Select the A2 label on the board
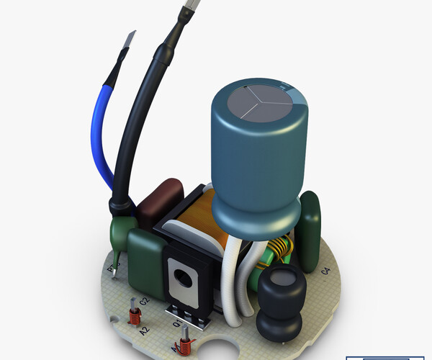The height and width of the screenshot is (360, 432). click(x=145, y=330)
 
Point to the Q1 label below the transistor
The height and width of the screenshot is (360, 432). click(x=177, y=326)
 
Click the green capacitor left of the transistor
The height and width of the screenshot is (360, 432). click(x=146, y=256)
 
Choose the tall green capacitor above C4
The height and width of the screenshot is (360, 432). click(x=310, y=230)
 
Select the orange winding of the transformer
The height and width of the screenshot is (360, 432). click(x=209, y=216)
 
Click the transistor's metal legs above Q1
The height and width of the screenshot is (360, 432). click(x=186, y=311)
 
